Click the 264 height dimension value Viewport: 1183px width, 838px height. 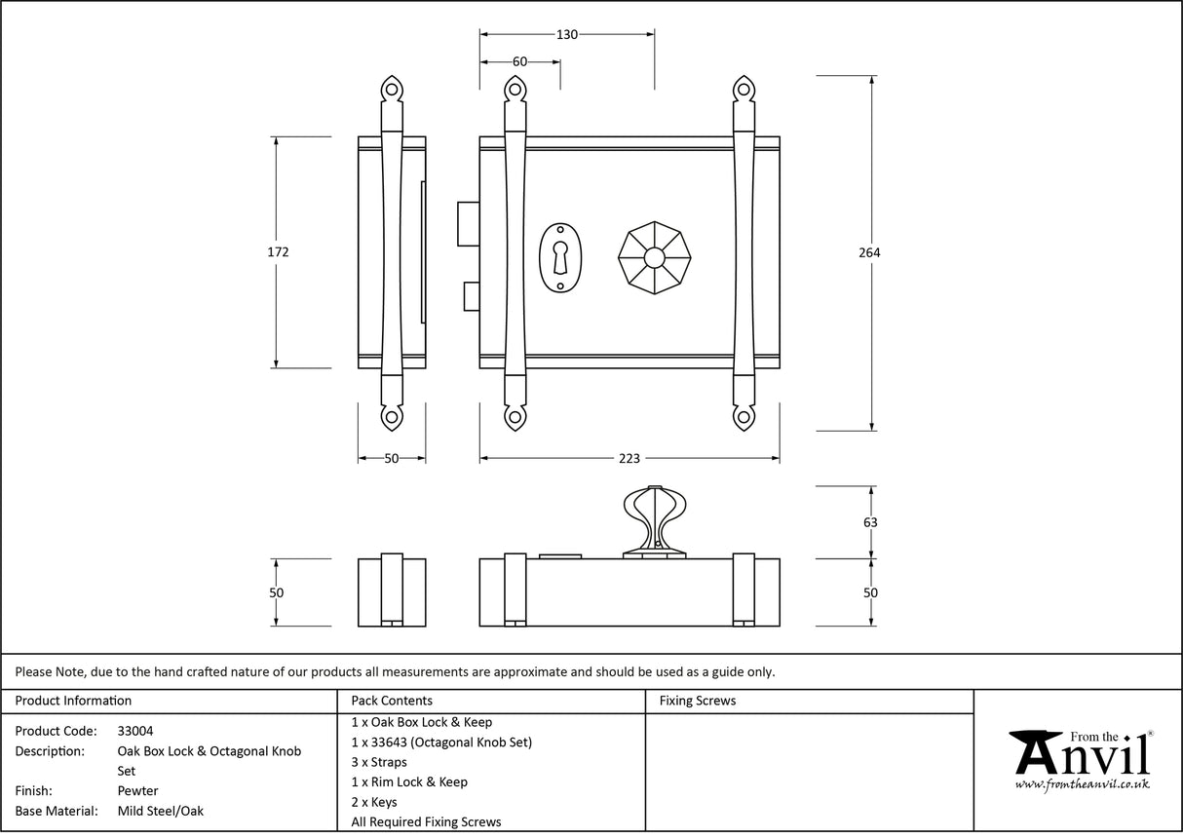click(869, 252)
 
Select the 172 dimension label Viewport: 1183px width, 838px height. click(278, 251)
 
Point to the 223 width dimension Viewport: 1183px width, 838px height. click(629, 458)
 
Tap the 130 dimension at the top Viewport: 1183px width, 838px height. click(566, 34)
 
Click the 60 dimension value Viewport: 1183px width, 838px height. click(519, 61)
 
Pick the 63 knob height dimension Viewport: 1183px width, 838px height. click(870, 522)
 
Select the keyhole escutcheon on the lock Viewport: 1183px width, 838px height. click(560, 258)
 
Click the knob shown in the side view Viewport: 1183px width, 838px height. click(653, 520)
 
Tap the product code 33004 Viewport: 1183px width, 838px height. click(134, 731)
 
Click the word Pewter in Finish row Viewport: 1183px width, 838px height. click(137, 791)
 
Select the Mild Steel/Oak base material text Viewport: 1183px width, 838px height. click(160, 811)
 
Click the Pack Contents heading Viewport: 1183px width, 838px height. click(392, 701)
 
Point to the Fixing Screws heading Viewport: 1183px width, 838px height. click(697, 701)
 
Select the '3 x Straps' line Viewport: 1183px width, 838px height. click(379, 762)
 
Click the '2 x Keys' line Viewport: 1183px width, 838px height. click(374, 802)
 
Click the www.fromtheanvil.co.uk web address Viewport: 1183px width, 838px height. click(1082, 784)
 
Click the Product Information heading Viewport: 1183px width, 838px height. click(73, 701)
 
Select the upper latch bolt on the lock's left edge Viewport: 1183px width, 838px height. click(468, 224)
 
